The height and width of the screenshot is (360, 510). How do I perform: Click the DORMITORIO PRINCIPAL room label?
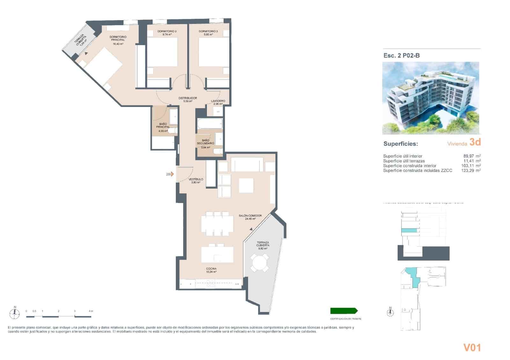click(x=118, y=39)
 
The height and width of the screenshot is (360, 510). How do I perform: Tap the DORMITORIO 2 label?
click(x=167, y=32)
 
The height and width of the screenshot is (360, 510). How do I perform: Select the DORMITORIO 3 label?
click(x=208, y=32)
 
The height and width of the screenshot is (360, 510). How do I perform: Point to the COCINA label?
click(x=211, y=269)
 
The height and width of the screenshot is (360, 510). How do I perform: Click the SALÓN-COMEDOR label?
click(x=250, y=216)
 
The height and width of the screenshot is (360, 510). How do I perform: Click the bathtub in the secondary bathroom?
click(x=209, y=124)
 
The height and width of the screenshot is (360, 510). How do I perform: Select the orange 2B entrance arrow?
click(x=172, y=174)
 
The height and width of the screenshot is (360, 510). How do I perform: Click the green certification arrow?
click(x=344, y=311)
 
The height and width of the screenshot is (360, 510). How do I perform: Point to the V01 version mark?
click(x=472, y=348)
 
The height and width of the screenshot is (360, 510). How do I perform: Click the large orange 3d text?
click(x=475, y=142)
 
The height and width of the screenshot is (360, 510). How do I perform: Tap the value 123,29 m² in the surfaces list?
click(x=471, y=171)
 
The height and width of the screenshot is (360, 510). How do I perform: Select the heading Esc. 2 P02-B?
click(x=402, y=55)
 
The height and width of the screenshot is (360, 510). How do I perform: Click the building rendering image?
click(x=431, y=98)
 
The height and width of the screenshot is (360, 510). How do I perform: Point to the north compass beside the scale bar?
click(x=15, y=313)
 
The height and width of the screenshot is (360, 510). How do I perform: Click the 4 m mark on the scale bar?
click(x=91, y=311)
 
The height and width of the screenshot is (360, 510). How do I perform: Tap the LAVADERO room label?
click(x=218, y=101)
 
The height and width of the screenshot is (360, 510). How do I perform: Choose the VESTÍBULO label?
click(x=196, y=180)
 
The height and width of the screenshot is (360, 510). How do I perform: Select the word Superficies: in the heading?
click(x=400, y=144)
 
